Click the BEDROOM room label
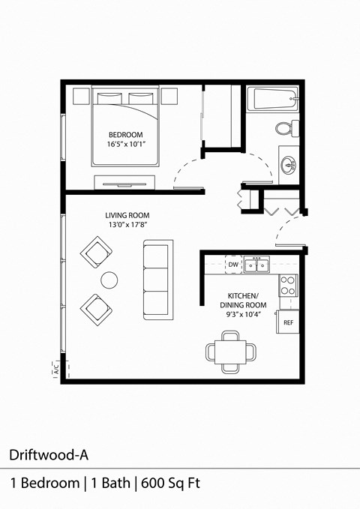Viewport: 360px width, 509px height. click(x=125, y=135)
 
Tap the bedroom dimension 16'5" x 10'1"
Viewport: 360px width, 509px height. click(x=125, y=144)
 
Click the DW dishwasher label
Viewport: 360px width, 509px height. click(x=233, y=265)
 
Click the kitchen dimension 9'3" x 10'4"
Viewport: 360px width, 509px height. click(x=243, y=315)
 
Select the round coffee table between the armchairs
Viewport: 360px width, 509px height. click(x=109, y=280)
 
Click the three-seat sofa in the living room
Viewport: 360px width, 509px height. click(x=157, y=279)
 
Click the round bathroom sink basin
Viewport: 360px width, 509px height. click(x=287, y=164)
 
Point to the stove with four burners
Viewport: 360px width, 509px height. click(x=288, y=285)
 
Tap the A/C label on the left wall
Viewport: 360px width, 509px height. click(x=56, y=368)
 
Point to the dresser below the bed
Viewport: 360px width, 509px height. click(x=124, y=181)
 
